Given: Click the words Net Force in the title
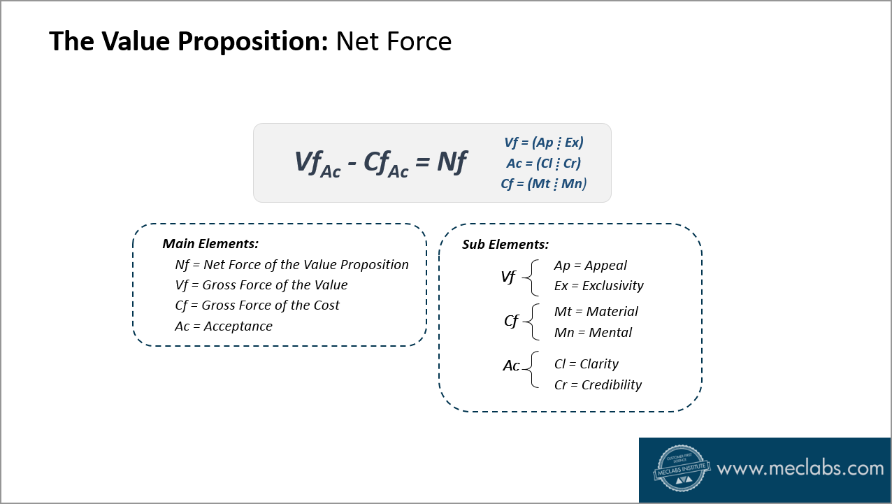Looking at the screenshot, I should tap(394, 42).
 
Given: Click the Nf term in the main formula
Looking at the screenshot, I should tap(452, 162).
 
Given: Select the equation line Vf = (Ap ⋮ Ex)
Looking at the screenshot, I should tap(543, 143).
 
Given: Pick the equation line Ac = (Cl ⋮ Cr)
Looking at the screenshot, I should tap(543, 164).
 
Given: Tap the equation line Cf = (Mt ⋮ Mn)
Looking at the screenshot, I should tap(543, 184).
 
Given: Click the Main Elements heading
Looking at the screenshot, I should tap(210, 244).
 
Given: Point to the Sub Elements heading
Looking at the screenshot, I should tap(505, 245).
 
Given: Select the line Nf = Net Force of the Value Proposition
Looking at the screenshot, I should tap(292, 265).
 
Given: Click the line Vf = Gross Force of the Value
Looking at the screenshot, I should tap(261, 285).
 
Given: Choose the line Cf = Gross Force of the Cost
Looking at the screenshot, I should tap(257, 305).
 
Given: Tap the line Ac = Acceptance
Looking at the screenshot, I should tap(224, 326).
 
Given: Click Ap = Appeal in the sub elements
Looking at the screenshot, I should tap(590, 266).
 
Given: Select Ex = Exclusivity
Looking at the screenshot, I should tap(598, 286).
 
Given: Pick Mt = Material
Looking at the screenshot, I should tap(596, 312).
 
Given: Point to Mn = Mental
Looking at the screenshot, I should tap(593, 333).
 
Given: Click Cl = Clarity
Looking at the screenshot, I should tap(586, 364).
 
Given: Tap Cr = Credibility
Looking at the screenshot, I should tap(598, 385).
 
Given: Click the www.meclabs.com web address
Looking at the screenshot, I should tap(800, 468).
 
